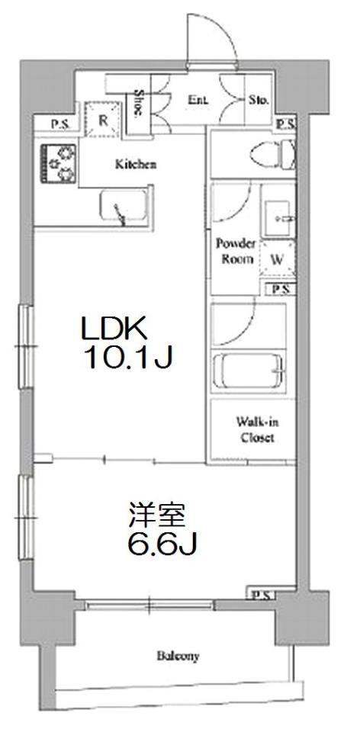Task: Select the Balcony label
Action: click(178, 656)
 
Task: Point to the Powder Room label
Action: click(236, 251)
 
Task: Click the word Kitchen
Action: click(136, 165)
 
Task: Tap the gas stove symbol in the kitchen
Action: click(58, 163)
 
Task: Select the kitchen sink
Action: click(124, 207)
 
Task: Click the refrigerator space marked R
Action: click(103, 119)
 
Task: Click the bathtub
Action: click(248, 371)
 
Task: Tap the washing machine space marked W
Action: click(278, 260)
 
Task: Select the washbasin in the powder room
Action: click(278, 218)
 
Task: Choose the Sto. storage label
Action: click(259, 99)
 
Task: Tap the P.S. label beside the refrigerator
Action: click(59, 125)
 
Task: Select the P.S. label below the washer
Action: click(281, 290)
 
